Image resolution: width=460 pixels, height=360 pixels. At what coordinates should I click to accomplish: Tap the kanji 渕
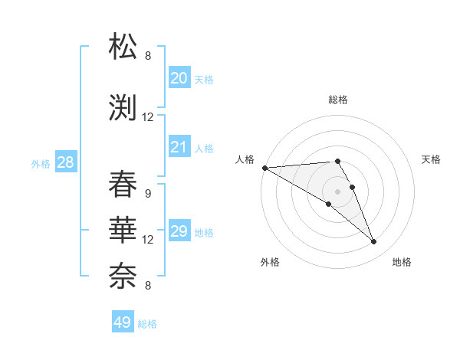123,108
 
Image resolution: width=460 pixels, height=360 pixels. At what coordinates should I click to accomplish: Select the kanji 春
123,185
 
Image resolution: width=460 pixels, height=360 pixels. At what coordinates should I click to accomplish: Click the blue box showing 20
179,77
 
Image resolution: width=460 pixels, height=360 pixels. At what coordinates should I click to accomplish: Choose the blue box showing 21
179,147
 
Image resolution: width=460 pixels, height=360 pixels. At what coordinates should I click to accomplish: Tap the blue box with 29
179,231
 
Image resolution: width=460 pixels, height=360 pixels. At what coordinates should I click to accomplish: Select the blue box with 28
65,162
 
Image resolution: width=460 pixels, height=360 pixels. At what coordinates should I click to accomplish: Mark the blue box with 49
123,322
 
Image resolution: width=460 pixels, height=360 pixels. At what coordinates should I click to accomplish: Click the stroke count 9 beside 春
148,193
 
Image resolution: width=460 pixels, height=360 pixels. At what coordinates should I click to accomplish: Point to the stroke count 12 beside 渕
148,117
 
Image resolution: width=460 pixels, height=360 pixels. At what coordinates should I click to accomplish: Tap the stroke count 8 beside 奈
148,286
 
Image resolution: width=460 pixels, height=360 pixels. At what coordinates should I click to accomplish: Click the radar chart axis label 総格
337,100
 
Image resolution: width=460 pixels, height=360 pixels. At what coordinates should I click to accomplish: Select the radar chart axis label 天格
432,159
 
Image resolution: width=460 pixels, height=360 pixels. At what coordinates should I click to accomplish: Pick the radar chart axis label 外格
270,262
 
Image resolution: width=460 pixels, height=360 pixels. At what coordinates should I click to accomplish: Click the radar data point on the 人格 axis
264,167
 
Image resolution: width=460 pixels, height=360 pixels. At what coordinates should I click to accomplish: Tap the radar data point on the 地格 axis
374,241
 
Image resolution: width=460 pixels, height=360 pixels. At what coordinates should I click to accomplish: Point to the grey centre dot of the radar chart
337,191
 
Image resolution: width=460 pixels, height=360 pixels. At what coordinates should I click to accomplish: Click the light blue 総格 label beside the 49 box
147,324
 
